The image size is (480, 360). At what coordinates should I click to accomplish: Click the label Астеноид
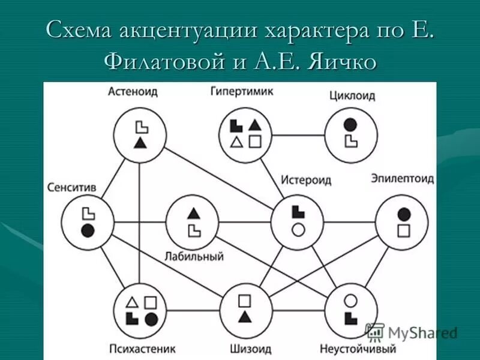(133, 92)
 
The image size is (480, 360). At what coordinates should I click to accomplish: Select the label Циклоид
(352, 95)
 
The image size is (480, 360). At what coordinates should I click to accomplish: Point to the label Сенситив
(72, 188)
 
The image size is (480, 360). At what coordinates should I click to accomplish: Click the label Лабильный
(194, 257)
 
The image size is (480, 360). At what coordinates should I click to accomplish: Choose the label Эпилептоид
(402, 179)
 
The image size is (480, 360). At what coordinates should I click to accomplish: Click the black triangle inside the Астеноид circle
(140, 142)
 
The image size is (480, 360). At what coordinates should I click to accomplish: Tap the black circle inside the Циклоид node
(350, 125)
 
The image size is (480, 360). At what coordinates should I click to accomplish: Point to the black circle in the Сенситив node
(88, 230)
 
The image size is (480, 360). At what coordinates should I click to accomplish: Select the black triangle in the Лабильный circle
(193, 212)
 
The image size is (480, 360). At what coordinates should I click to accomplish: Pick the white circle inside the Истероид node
(298, 229)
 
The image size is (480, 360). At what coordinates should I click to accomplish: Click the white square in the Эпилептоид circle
(404, 230)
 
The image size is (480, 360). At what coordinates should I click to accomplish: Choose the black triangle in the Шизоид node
(244, 316)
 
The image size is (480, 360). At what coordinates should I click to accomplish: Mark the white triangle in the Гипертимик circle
(236, 142)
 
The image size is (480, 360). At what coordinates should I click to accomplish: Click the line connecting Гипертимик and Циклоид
(298, 134)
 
